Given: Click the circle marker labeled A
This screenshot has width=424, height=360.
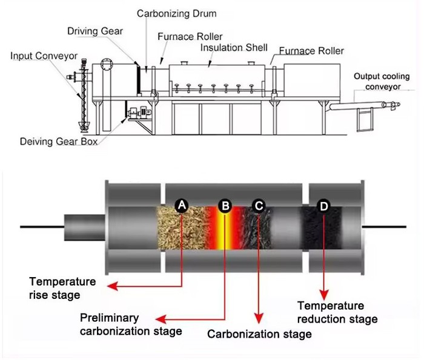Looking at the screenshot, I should coord(182,206).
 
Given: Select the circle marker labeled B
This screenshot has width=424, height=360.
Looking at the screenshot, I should coord(225,206).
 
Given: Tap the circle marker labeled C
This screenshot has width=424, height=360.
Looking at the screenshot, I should coord(259,206).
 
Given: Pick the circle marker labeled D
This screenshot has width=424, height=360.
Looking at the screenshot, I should coord(323,206).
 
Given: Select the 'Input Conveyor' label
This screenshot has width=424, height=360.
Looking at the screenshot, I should coord(44,56).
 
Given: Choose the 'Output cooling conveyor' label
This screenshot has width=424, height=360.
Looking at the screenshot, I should coord(383,82).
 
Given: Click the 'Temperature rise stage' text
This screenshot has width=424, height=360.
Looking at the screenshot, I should coord(62,288).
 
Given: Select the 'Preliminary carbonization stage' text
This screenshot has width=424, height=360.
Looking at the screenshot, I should coord(131,324).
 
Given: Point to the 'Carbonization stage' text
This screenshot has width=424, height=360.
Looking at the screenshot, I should coord(259,334).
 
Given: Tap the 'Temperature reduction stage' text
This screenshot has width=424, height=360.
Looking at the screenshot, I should coord(339,312).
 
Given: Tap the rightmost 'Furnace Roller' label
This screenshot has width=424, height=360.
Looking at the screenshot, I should coord(311,51).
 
